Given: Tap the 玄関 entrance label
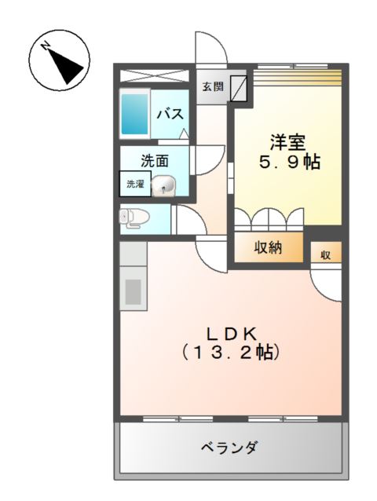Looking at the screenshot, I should click(212, 87).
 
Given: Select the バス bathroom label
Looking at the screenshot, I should click(170, 114).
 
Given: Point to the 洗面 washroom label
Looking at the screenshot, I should click(155, 161).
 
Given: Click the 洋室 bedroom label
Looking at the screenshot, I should click(289, 143).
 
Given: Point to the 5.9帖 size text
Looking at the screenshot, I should click(289, 163).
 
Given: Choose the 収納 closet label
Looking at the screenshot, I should click(269, 247).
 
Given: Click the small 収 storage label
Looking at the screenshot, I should click(325, 254).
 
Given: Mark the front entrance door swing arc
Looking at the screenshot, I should click(212, 51).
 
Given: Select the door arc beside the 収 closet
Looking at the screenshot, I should click(325, 283).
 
